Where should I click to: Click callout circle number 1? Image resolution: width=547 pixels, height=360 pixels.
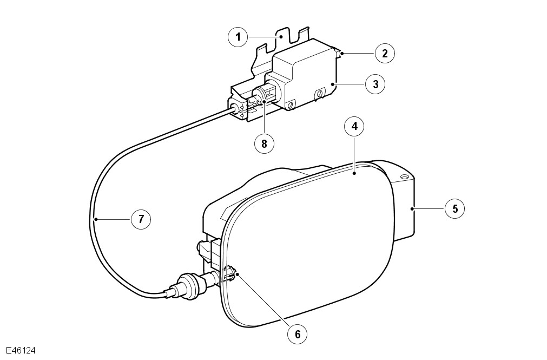(x=238, y=37)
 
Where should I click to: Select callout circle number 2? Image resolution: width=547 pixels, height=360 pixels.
(x=385, y=54)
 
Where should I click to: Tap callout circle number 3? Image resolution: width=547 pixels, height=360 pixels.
(x=375, y=84)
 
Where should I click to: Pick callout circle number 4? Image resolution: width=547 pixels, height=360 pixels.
(x=354, y=126)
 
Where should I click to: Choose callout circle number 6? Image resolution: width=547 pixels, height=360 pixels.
(x=297, y=334)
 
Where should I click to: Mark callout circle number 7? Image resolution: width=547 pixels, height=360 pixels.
(x=141, y=219)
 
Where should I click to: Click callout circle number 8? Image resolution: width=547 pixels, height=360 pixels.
(x=264, y=143)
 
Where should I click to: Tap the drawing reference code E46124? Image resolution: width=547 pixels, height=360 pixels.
(x=21, y=351)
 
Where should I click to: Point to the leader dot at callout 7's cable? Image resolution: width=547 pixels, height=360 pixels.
(x=96, y=219)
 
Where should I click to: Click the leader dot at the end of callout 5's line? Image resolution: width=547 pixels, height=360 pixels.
(x=412, y=209)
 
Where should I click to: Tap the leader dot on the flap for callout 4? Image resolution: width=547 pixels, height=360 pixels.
(x=354, y=173)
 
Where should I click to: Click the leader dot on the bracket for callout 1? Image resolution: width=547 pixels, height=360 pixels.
(x=281, y=36)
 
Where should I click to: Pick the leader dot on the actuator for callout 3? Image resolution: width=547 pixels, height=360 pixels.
(x=333, y=84)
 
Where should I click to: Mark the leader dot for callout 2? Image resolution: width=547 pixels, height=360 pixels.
(x=342, y=54)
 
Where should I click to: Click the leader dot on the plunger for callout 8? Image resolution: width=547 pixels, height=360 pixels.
(x=264, y=102)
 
